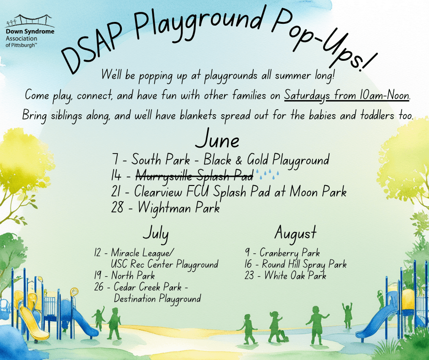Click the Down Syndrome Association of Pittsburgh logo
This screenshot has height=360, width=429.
tap(30, 31)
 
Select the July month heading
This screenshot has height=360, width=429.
tap(156, 233)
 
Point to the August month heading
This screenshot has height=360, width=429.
tap(295, 233)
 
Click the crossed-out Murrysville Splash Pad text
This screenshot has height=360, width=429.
tap(194, 175)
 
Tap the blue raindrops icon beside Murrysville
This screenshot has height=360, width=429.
tap(267, 174)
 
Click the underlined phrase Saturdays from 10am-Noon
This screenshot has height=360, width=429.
tap(347, 95)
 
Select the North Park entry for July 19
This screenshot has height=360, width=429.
tap(125, 275)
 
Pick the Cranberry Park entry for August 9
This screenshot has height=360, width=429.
tap(282, 253)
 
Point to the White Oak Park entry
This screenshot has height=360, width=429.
tap(285, 275)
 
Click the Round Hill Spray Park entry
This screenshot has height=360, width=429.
tap(295, 264)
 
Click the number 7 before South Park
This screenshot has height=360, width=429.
tap(115, 159)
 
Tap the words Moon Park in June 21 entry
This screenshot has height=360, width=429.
tap(318, 191)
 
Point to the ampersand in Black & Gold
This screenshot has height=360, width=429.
tap(239, 160)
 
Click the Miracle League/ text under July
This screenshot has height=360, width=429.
tap(142, 253)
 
